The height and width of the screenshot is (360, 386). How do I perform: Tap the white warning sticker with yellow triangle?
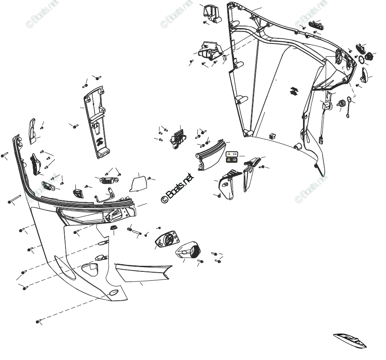point(231,153)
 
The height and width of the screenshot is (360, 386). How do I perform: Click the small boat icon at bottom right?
point(350,339)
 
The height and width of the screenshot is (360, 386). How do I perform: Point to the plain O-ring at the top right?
point(361,59)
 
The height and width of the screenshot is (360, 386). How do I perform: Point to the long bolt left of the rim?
point(14,199)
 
